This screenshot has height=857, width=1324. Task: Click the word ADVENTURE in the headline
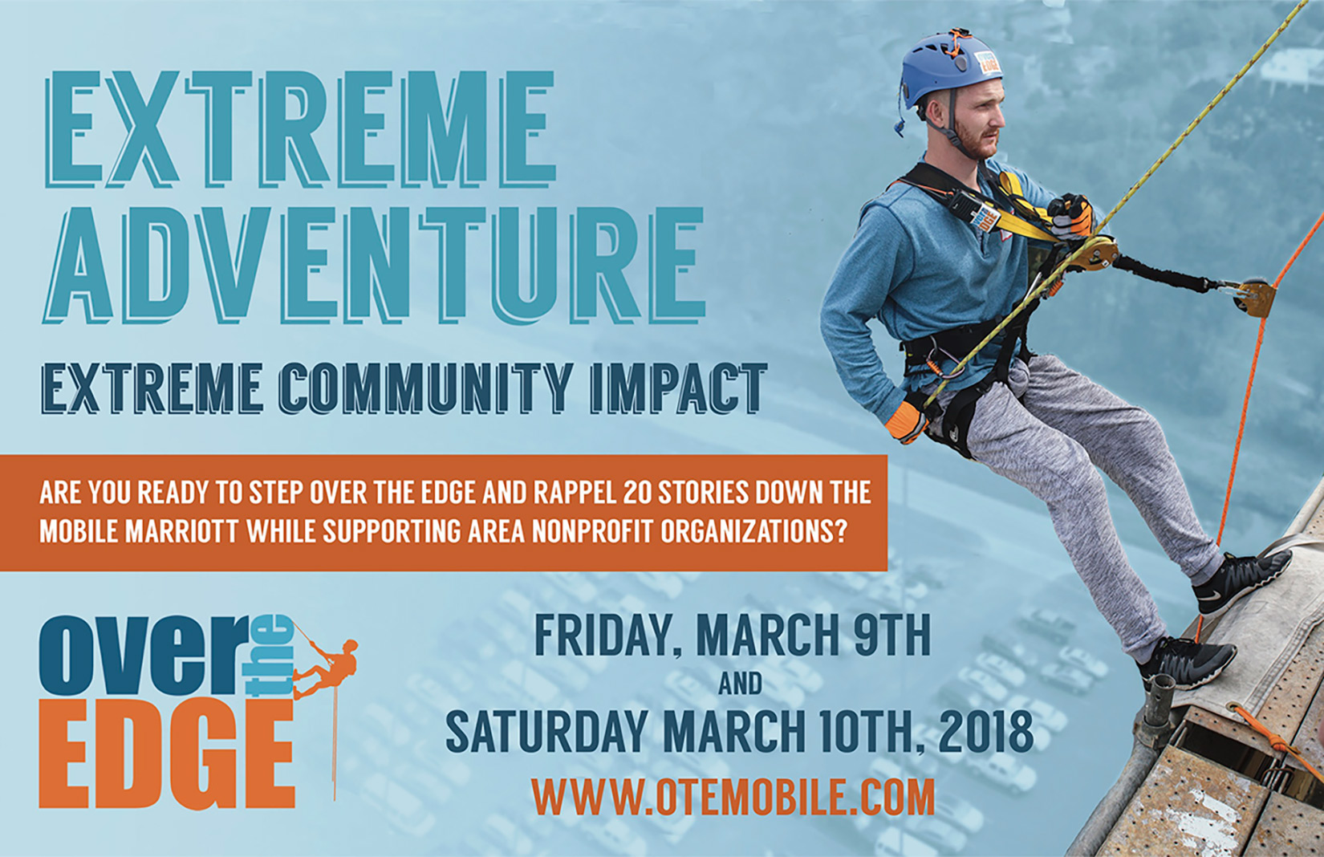coord(374,264)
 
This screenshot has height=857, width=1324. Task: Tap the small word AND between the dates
coord(741,684)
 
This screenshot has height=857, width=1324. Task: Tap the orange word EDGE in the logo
coord(167,755)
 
